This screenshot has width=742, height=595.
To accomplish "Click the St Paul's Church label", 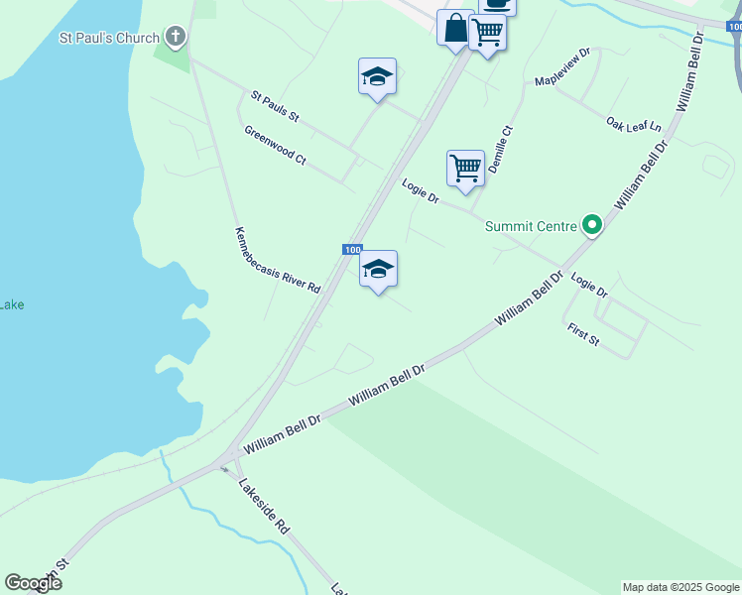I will (x=109, y=39).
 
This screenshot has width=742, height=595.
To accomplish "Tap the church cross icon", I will (x=176, y=38).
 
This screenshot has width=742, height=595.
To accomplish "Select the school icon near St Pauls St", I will (x=377, y=77).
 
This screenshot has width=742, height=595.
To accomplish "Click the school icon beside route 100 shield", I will (x=378, y=269).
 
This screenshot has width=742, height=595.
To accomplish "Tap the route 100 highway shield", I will (x=352, y=249).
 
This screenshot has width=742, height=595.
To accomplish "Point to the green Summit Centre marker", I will (x=592, y=226).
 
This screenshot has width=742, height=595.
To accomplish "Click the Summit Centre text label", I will (x=531, y=226).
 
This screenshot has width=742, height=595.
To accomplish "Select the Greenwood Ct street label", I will (x=275, y=145).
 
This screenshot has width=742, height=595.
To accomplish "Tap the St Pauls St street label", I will (x=275, y=106).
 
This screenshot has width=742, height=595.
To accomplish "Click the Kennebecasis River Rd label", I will (x=278, y=260).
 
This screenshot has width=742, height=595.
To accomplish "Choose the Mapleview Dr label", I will (x=562, y=66).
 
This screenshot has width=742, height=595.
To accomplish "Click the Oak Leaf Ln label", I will (x=634, y=125).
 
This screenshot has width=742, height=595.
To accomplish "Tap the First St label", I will (x=583, y=334).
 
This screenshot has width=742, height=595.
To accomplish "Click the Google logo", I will (x=33, y=582).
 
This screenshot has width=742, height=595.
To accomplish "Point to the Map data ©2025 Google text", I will (x=681, y=587).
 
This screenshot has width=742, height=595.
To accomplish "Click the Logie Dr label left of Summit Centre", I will (x=421, y=191).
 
